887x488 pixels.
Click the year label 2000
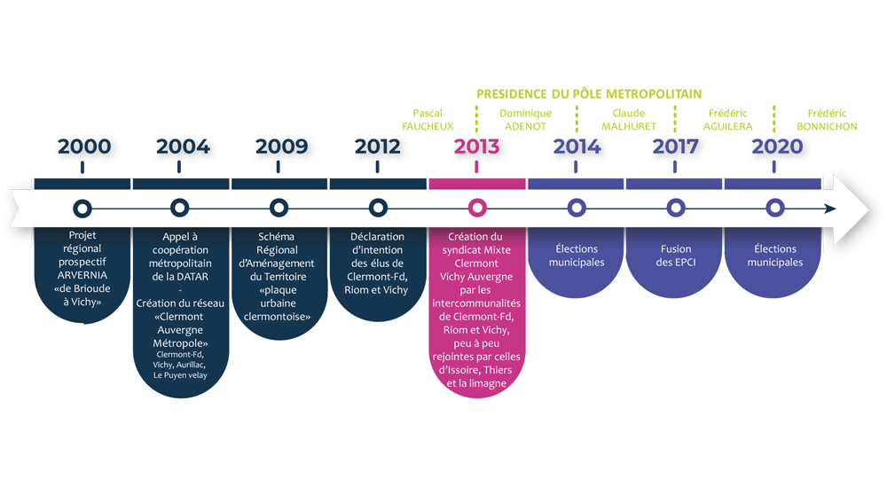tap(82, 147)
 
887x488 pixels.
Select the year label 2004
tap(182, 147)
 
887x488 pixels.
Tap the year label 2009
tap(280, 147)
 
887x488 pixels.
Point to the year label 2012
tap(379, 147)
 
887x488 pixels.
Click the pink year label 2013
tap(477, 147)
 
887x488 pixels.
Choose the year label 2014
tap(577, 147)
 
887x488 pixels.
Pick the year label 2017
tap(675, 147)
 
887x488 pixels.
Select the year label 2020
tap(774, 147)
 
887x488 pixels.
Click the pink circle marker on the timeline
tap(477, 209)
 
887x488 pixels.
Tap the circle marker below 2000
tap(82, 209)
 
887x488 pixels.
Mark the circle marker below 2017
tap(676, 209)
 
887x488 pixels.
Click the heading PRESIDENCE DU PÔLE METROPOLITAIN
tap(589, 93)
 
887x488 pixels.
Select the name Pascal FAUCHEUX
tap(434, 120)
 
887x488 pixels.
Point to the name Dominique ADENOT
tap(525, 120)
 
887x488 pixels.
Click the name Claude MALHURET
tap(628, 120)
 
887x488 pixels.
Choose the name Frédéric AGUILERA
tap(729, 120)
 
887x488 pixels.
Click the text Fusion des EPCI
tap(676, 256)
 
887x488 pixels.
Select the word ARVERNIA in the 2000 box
tap(82, 275)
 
